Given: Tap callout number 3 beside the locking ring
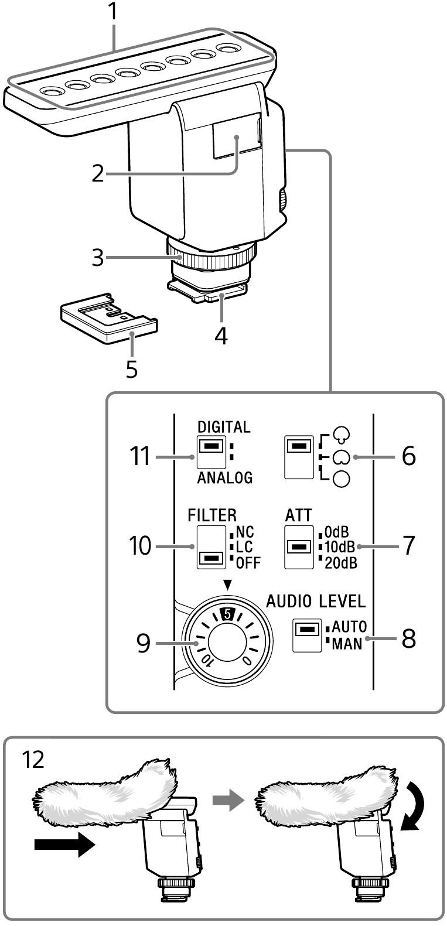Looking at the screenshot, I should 98,257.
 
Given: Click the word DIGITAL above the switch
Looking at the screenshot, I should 224,426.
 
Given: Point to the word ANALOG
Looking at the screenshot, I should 225,477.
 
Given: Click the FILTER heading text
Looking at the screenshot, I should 212,515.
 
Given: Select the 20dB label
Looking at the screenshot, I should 340,563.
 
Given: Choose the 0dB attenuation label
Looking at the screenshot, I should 337,532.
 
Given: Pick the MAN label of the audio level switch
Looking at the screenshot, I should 347,645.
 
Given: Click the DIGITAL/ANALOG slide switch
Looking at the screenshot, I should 211,455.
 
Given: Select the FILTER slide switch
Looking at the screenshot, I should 211,547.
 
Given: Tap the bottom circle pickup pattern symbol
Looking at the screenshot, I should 341,480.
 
